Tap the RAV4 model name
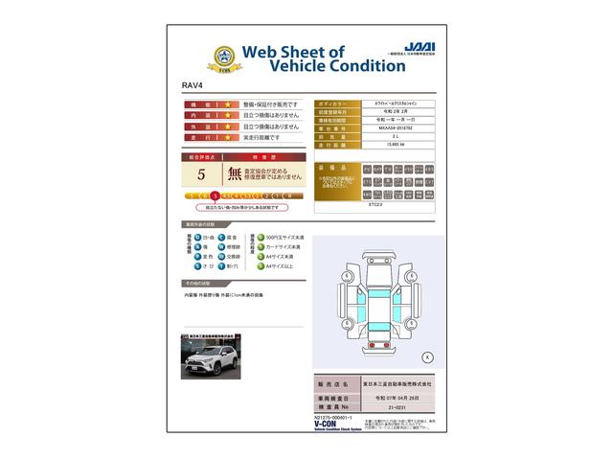click(193, 86)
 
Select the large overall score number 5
click(201, 174)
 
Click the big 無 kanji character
click(235, 174)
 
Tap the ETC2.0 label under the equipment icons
click(375, 203)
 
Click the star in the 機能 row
click(228, 103)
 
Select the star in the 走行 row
click(228, 137)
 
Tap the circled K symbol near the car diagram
click(427, 356)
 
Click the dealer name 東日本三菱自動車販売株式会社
click(396, 384)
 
